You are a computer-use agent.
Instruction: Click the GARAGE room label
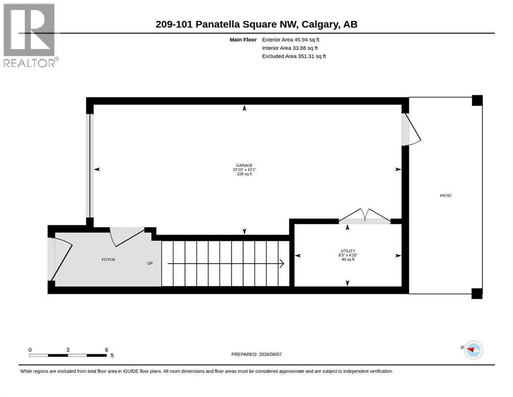point(244,165)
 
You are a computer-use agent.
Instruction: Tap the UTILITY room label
point(348,251)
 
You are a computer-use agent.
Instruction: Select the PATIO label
point(446,195)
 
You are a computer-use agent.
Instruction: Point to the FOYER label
point(108,259)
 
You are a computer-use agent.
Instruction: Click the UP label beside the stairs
point(150,263)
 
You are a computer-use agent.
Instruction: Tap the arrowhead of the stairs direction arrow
point(282,264)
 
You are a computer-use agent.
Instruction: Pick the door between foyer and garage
point(127,237)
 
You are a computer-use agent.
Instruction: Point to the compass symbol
point(473,349)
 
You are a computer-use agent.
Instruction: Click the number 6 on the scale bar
point(106,350)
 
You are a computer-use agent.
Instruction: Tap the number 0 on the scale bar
point(30,350)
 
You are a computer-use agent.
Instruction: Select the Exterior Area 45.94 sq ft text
point(290,40)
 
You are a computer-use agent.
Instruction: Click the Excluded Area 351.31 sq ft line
point(294,56)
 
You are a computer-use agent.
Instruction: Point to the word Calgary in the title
point(320,24)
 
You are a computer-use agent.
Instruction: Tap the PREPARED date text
point(256,354)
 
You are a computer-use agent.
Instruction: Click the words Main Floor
point(243,40)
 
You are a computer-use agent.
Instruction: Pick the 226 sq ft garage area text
point(244,174)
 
